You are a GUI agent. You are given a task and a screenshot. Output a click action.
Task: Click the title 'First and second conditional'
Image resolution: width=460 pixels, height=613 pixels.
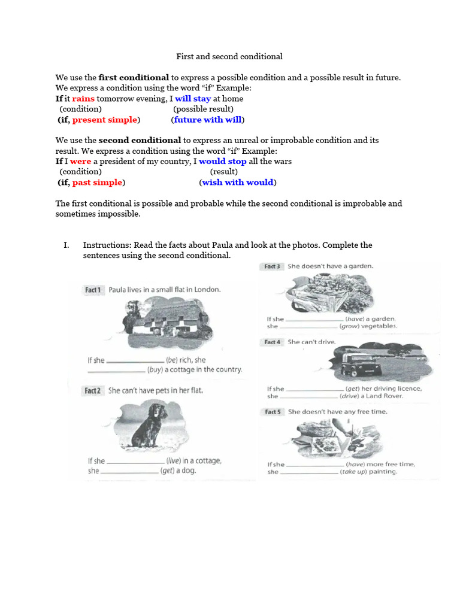coord(229,56)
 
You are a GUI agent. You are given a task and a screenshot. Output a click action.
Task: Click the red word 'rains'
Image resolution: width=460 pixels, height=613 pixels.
coord(83,99)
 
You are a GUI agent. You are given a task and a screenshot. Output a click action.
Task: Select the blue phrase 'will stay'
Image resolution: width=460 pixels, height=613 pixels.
coord(193,99)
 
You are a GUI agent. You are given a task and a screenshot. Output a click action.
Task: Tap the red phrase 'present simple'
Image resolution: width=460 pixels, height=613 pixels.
coord(105,120)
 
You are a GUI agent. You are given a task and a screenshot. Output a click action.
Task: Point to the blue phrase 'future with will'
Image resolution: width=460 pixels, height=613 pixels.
coord(207,120)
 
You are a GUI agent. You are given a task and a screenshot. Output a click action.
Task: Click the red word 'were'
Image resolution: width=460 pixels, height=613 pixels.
coord(80,162)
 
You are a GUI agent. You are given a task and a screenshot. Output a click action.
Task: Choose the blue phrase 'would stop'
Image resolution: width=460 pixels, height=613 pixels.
coord(222,162)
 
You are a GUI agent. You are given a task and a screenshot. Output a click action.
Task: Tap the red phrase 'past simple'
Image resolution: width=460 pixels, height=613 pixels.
coord(97,183)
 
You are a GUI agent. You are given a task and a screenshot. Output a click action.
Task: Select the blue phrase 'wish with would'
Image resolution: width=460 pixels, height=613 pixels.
coord(238,183)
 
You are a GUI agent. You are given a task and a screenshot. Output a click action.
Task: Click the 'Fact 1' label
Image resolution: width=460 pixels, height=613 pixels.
coord(93,290)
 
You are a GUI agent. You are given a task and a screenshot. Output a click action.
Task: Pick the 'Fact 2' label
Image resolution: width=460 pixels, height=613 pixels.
coord(93,391)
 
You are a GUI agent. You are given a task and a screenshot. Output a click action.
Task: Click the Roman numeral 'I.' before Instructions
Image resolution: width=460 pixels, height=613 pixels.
coord(66,245)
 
